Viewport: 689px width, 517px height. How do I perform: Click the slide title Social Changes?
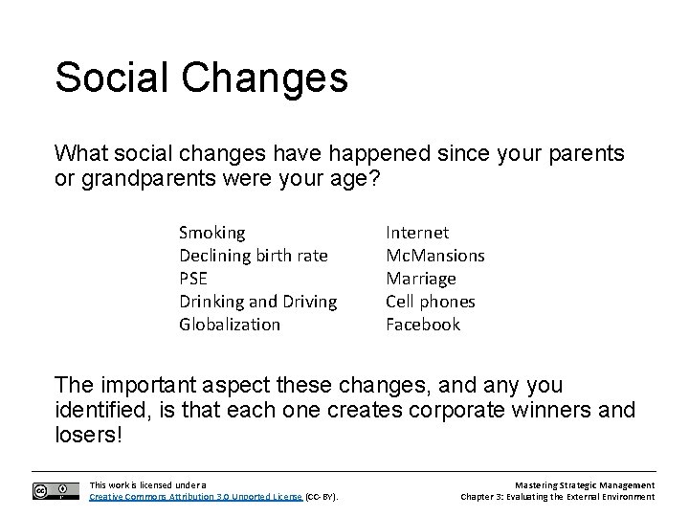point(201,78)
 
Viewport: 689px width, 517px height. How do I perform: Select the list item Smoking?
point(211,233)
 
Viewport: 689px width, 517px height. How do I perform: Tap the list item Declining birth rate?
point(253,256)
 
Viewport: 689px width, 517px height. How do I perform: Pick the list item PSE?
point(195,279)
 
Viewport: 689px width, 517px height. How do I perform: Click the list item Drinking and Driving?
point(257,302)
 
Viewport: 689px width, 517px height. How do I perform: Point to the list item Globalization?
point(230,325)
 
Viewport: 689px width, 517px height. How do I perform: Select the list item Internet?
point(416,233)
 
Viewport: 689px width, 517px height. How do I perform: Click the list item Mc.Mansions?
point(434,256)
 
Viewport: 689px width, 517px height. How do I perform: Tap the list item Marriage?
point(420,279)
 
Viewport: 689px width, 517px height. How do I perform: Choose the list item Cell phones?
point(430,302)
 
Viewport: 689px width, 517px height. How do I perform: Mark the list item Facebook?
point(422,325)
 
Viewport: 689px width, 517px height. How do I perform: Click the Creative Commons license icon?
point(56,491)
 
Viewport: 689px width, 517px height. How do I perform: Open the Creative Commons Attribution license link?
point(195,497)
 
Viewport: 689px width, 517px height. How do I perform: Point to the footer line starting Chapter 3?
point(557,497)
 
